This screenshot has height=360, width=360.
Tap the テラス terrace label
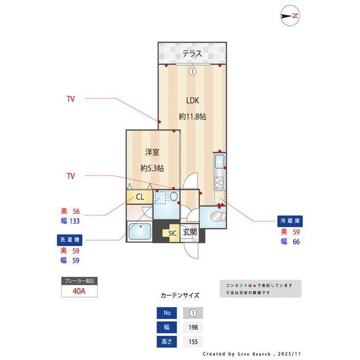[192, 55]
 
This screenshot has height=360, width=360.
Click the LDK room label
[193, 101]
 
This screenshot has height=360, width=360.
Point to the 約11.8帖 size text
[192, 116]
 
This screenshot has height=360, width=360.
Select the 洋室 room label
[152, 152]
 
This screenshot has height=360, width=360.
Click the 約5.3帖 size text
[152, 168]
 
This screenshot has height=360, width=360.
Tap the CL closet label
[140, 197]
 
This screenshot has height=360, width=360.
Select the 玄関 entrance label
[190, 232]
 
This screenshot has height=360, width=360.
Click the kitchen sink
[219, 164]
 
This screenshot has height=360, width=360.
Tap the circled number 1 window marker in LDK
[192, 71]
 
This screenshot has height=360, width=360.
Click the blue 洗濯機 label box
[70, 240]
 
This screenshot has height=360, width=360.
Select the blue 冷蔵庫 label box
[291, 220]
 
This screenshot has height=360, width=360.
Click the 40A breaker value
[79, 291]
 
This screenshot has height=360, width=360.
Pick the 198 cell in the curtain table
[192, 327]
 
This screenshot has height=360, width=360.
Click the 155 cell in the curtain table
[192, 341]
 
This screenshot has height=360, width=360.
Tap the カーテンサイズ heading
[179, 295]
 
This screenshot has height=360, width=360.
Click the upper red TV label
[71, 99]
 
